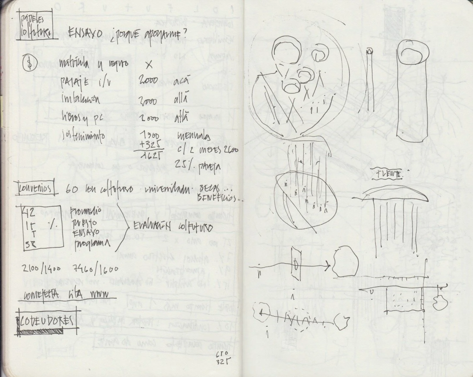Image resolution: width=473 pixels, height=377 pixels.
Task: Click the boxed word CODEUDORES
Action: (x=46, y=321)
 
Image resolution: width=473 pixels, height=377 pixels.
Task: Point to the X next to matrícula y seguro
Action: (x=149, y=65)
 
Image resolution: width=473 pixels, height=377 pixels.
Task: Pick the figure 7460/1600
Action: (x=96, y=269)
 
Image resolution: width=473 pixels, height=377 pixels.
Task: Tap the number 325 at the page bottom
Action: (x=221, y=362)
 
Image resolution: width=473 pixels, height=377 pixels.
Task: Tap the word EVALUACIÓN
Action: (x=153, y=226)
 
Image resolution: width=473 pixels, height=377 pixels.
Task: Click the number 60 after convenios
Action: (x=71, y=189)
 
